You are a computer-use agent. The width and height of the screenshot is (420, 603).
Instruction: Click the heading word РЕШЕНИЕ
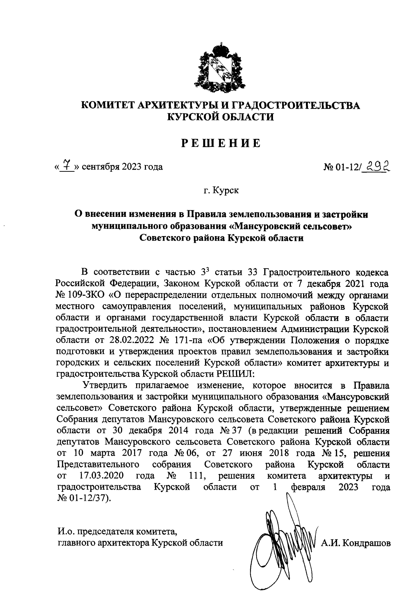[221, 144]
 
